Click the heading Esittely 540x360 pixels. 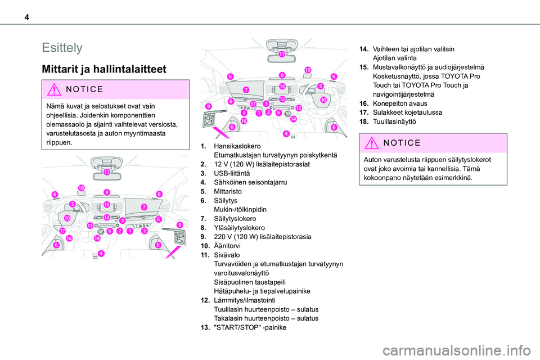[62, 47]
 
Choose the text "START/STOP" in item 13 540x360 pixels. [237, 327]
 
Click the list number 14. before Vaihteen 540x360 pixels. [366, 49]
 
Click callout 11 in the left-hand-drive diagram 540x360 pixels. [107, 172]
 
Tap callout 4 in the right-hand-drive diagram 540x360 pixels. [286, 134]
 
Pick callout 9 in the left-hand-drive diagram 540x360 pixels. [179, 225]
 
